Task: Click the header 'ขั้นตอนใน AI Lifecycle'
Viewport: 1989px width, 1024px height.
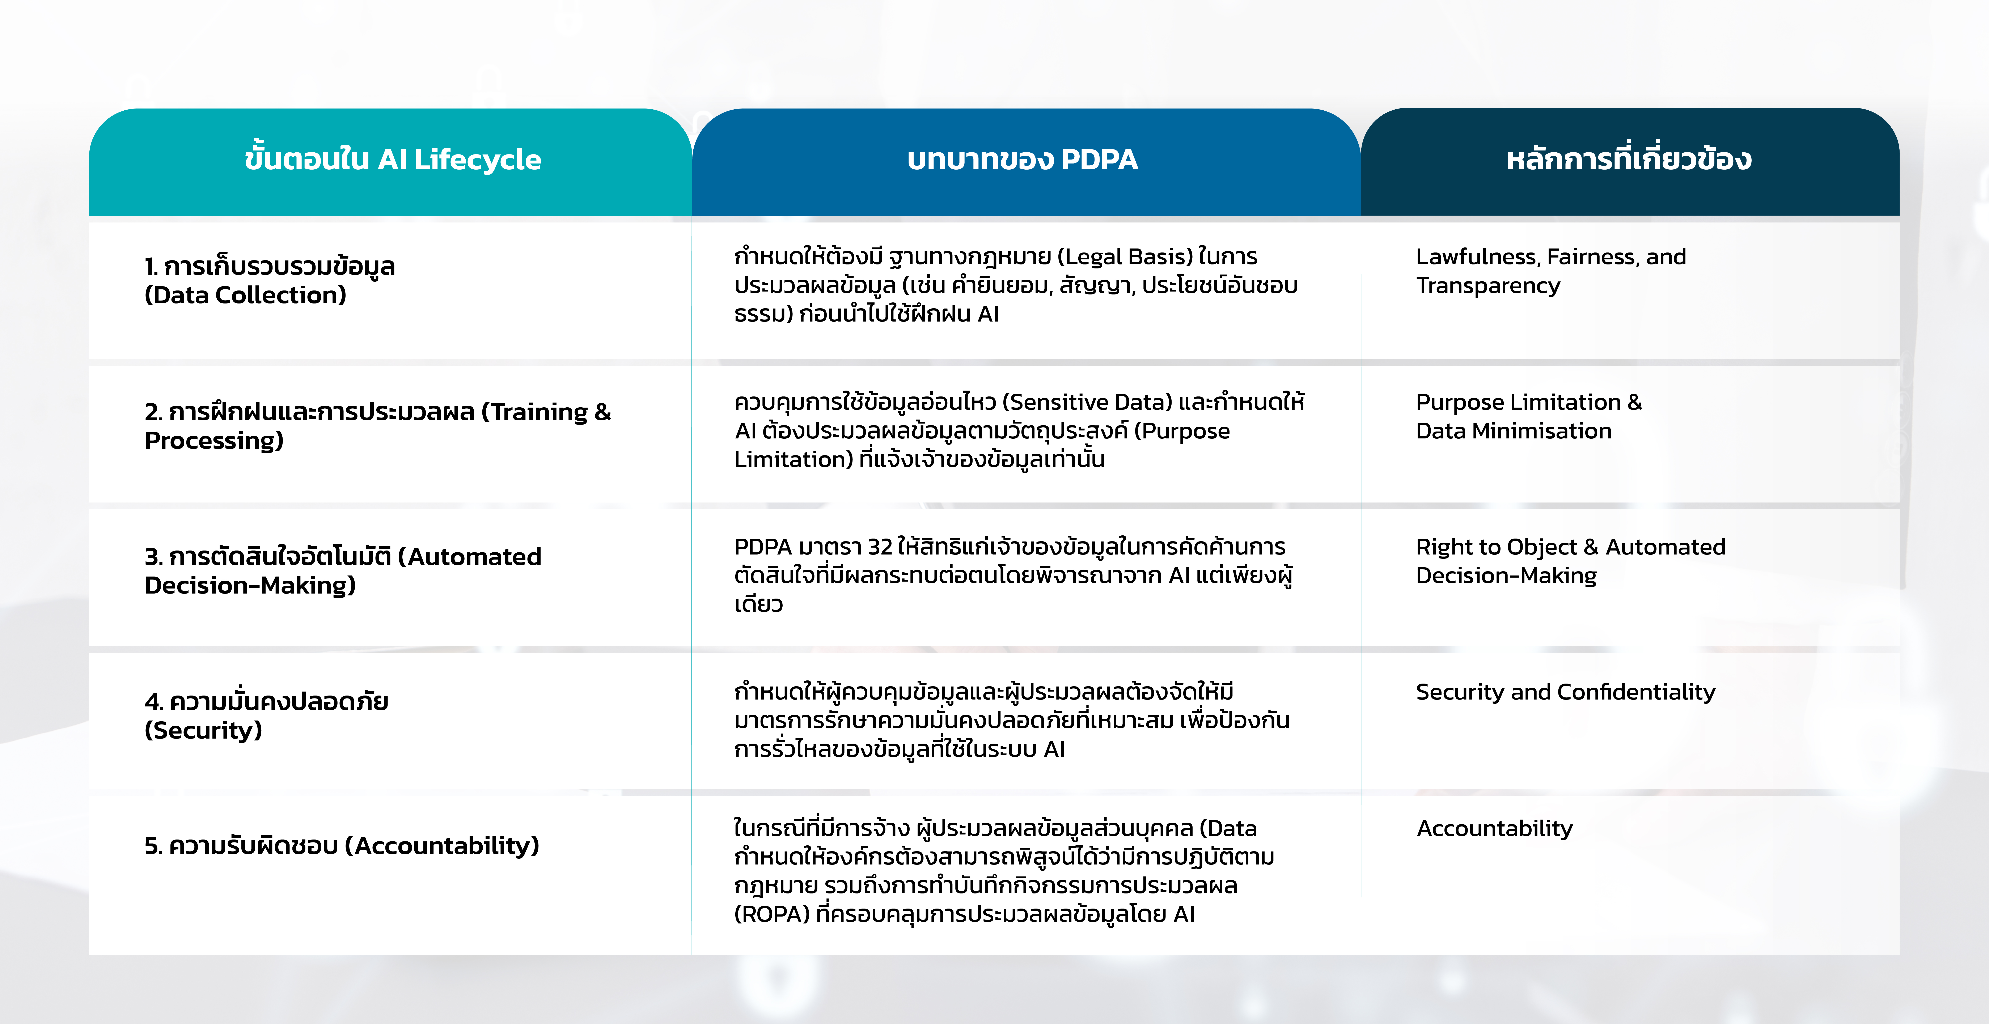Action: (x=392, y=160)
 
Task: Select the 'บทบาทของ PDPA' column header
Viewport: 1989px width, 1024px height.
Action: (x=1022, y=160)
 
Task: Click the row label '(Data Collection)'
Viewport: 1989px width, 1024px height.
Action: (x=246, y=295)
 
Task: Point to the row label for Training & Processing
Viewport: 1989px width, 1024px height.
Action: (x=377, y=425)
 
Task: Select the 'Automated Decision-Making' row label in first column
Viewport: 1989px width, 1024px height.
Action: (x=343, y=571)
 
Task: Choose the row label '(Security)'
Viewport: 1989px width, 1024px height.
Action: (x=203, y=730)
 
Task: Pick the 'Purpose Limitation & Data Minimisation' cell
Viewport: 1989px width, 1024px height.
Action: (x=1529, y=416)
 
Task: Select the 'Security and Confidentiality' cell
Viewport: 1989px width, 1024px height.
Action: (x=1565, y=692)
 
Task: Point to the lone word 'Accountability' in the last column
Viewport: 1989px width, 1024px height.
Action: (x=1494, y=829)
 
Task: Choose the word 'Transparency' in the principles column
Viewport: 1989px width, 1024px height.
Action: (x=1488, y=286)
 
